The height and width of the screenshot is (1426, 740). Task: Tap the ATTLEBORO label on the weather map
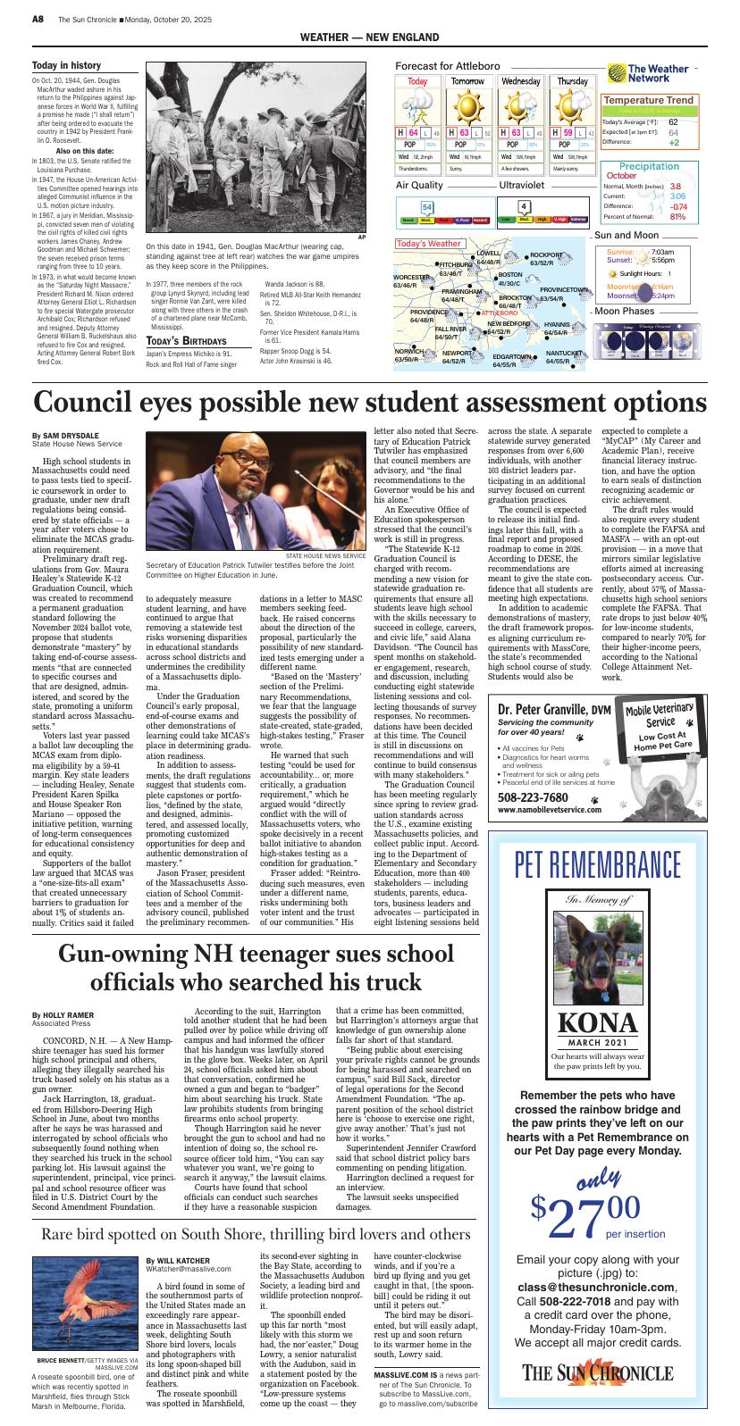point(500,313)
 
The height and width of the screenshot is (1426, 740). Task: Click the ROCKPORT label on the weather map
point(546,255)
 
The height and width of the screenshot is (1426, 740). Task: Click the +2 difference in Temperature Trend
point(674,142)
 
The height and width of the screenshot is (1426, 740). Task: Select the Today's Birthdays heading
point(186,341)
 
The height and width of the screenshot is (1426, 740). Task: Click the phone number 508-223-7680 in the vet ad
point(533,797)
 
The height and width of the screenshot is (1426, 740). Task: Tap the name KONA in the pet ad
point(597,1023)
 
